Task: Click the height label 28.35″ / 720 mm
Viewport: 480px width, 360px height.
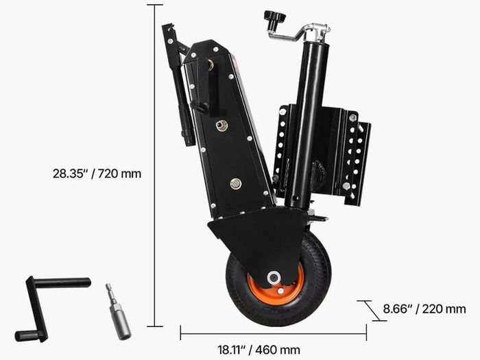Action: (x=97, y=173)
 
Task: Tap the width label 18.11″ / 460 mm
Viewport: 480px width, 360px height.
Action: (x=259, y=349)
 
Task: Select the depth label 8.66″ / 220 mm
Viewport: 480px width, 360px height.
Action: (x=424, y=309)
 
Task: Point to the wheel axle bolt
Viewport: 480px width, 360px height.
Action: (x=273, y=278)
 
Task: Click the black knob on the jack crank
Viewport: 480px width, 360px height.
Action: (x=274, y=20)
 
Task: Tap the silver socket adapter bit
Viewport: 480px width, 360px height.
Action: (x=118, y=311)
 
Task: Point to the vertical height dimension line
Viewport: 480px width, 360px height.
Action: (x=154, y=166)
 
